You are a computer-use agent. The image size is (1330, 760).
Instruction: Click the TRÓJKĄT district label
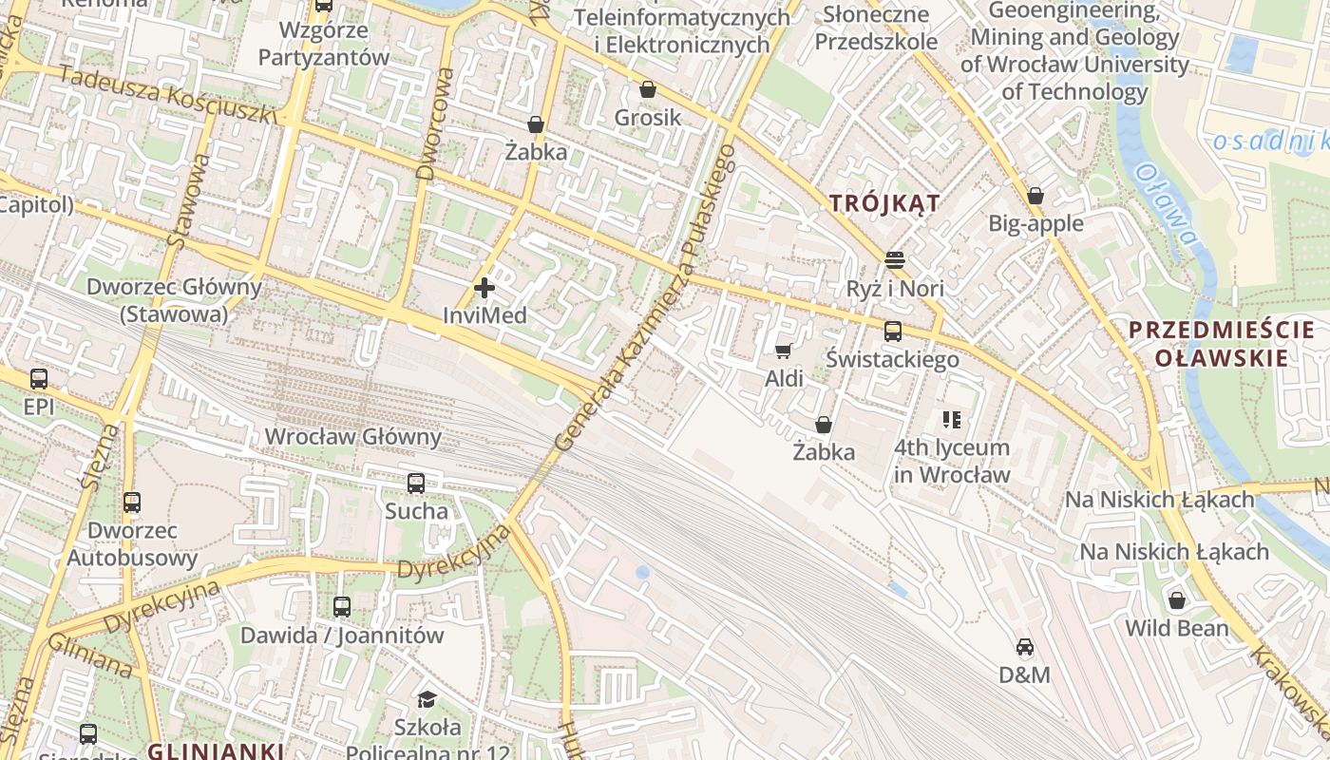tap(884, 202)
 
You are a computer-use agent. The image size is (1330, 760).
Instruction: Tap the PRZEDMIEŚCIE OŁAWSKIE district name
tap(1222, 344)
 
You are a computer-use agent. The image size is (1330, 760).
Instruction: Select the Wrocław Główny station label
tap(353, 437)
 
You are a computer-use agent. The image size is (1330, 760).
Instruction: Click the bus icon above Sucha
tap(416, 484)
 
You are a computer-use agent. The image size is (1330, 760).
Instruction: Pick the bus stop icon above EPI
tap(39, 379)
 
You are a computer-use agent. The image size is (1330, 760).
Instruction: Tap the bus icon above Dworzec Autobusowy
tap(132, 503)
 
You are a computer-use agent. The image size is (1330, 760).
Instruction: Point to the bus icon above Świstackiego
tap(892, 332)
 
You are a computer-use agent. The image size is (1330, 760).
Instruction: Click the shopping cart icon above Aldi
tap(784, 351)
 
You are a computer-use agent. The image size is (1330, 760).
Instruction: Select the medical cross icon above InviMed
tap(484, 287)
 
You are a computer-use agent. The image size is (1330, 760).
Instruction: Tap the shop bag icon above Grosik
tap(648, 89)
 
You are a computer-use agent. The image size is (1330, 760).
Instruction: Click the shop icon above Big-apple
tap(1035, 196)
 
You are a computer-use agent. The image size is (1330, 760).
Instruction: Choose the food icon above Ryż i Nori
tap(894, 259)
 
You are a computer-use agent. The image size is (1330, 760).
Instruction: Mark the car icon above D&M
tap(1024, 647)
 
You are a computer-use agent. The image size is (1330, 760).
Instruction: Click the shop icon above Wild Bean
tap(1177, 600)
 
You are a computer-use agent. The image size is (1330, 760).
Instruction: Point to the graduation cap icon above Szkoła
tap(427, 700)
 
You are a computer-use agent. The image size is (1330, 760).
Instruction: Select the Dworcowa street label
tap(438, 123)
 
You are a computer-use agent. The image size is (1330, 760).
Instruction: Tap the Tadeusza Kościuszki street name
tap(167, 93)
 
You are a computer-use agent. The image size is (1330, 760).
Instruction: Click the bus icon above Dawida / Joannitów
tap(342, 607)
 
